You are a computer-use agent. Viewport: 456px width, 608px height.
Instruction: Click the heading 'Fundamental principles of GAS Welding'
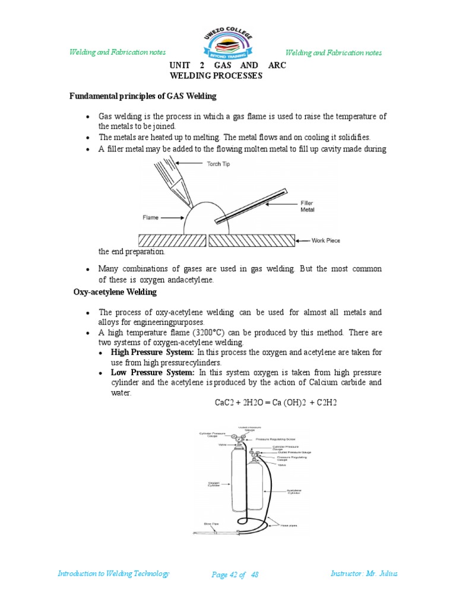point(143,96)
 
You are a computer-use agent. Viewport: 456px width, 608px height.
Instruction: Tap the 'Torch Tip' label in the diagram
point(217,163)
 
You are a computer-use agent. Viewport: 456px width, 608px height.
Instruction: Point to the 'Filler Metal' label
point(307,206)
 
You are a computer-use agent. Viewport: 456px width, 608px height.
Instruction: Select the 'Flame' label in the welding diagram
point(151,217)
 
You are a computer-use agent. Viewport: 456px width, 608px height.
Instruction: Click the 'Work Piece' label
point(327,240)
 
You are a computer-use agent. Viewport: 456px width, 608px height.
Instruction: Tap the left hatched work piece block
point(172,240)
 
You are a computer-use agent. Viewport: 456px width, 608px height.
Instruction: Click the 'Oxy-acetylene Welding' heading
point(115,292)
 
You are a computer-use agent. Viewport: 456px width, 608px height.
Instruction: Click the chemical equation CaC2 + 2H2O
point(275,403)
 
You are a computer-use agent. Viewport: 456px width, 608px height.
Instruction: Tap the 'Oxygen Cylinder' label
point(213,484)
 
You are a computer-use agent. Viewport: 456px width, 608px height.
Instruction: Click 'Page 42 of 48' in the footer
point(235,575)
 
